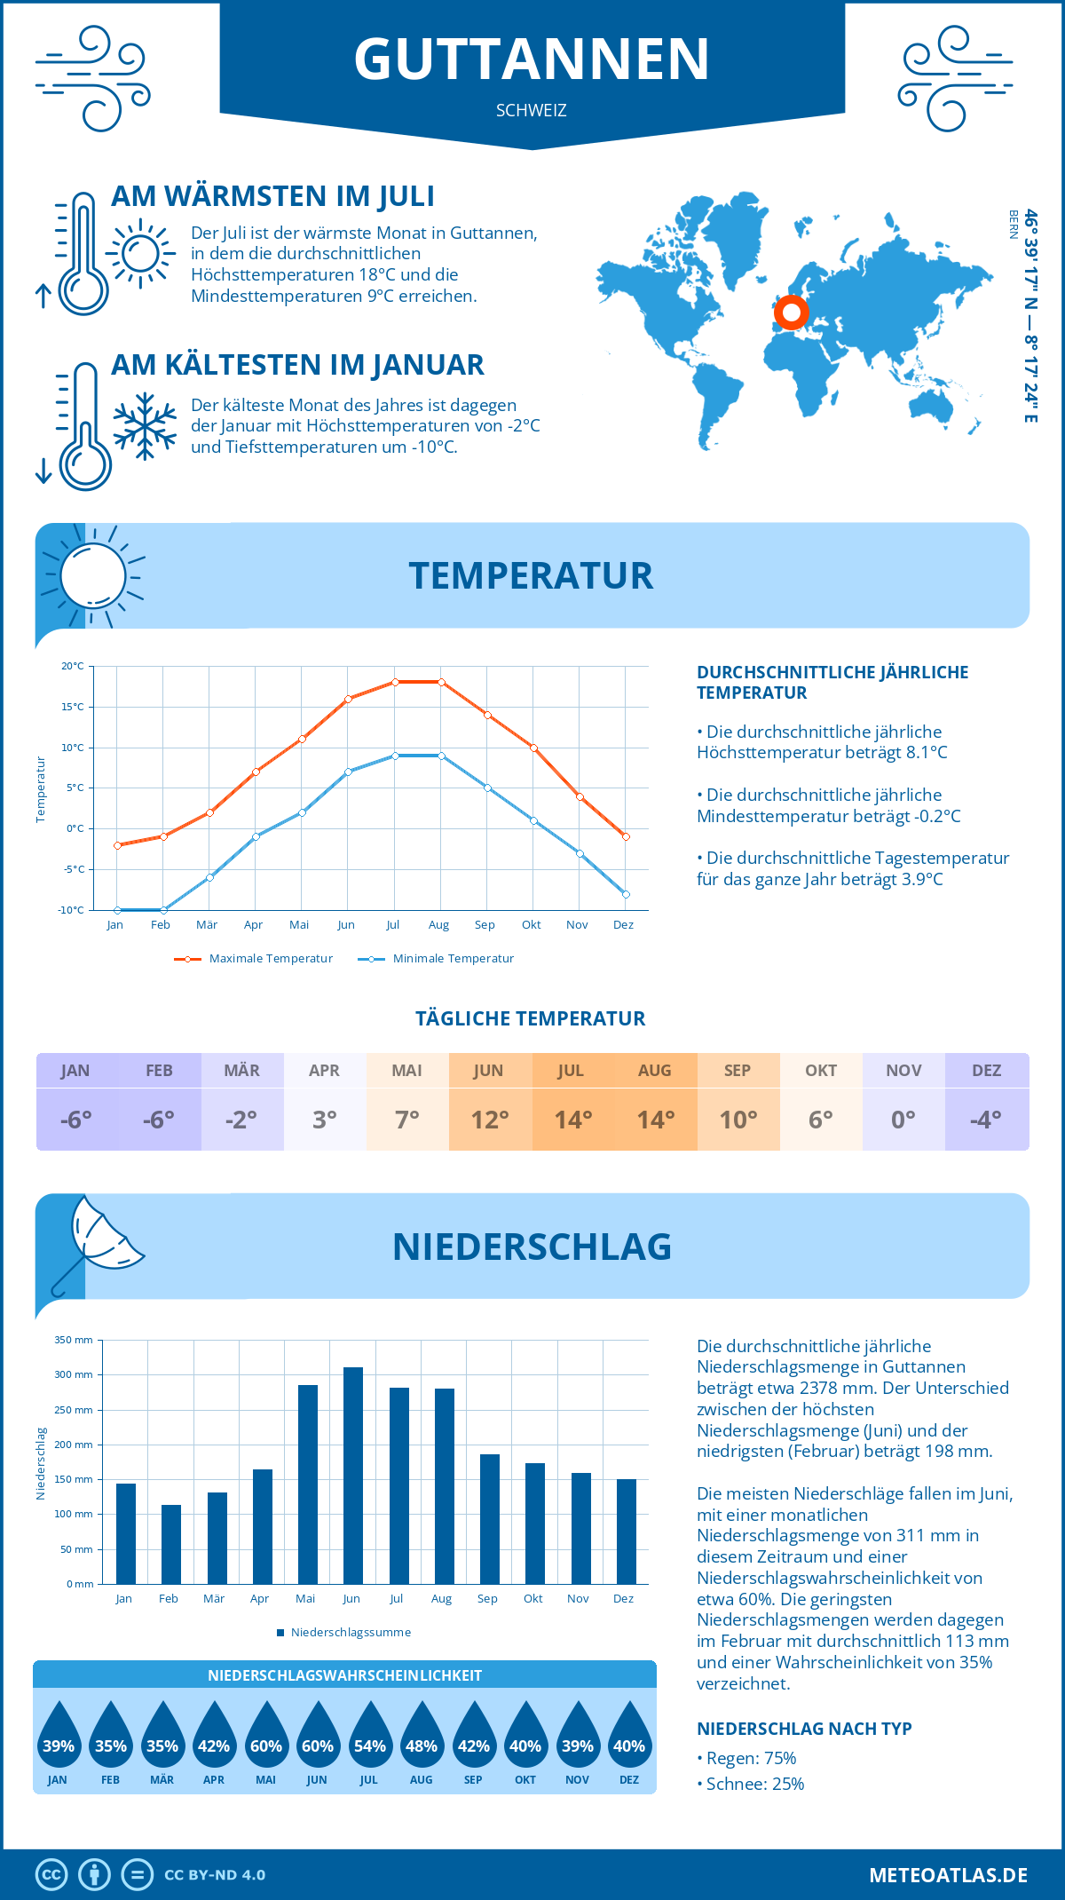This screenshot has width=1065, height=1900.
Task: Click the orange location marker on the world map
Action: click(x=791, y=313)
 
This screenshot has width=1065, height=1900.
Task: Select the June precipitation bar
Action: click(x=352, y=1476)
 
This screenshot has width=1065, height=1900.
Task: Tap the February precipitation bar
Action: click(x=171, y=1544)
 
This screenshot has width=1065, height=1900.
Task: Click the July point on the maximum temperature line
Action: click(x=395, y=682)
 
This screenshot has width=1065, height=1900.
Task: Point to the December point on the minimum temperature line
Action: click(x=626, y=894)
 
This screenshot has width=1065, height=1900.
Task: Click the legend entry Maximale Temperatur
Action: click(x=255, y=959)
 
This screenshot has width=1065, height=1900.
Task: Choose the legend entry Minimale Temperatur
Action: click(x=437, y=959)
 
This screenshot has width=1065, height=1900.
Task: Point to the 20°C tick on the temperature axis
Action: click(x=73, y=666)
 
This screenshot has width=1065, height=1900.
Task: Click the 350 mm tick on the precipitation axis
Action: click(x=74, y=1340)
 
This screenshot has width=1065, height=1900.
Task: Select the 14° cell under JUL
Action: click(x=572, y=1120)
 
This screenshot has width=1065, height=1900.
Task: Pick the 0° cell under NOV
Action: click(x=903, y=1120)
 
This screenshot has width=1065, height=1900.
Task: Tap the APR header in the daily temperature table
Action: click(x=324, y=1071)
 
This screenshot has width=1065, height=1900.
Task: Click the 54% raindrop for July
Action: click(x=369, y=1735)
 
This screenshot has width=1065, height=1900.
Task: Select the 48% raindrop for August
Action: click(x=422, y=1735)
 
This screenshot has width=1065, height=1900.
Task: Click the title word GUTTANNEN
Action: click(x=532, y=59)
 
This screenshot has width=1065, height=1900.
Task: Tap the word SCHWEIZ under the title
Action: click(x=531, y=111)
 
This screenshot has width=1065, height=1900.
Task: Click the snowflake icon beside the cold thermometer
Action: click(x=145, y=426)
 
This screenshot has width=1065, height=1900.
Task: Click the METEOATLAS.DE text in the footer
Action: click(x=948, y=1875)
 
